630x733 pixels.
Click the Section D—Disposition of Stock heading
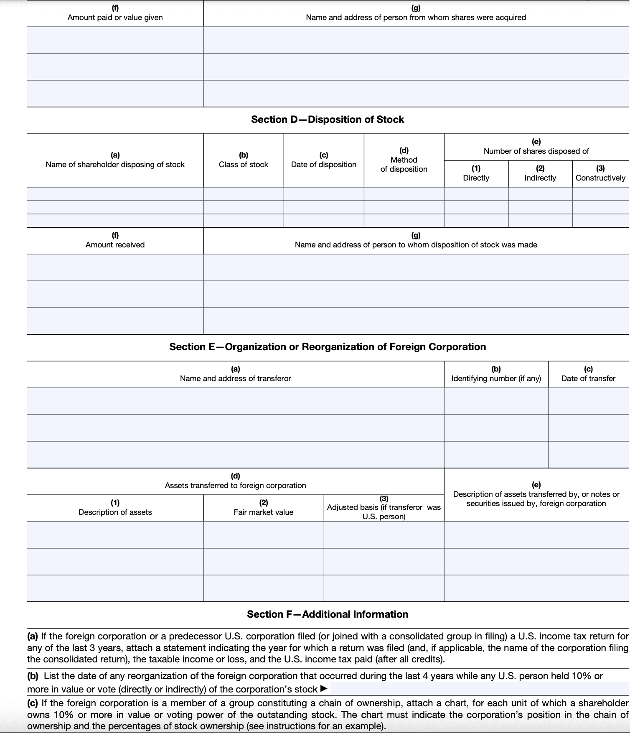328,120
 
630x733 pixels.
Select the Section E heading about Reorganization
328,347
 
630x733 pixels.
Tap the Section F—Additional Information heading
328,614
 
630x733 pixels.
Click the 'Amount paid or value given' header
115,18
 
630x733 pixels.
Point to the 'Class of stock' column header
244,165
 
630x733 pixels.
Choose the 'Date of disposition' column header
324,165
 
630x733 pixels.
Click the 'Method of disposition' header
404,165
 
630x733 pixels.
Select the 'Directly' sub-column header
476,178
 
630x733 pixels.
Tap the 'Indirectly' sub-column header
540,178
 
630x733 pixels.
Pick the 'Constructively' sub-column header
600,178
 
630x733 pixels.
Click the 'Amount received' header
115,245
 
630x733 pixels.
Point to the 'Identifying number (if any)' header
496,379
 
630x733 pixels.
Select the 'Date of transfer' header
588,379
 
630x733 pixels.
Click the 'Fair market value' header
264,512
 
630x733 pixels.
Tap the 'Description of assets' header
115,512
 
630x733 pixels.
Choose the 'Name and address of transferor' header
235,379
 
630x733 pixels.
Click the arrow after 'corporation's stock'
323,689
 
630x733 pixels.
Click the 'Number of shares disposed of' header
536,151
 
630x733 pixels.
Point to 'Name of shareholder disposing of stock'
115,165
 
